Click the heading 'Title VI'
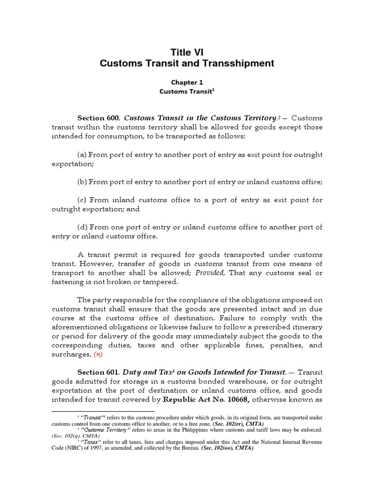pos(187,52)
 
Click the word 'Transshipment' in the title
pos(242,63)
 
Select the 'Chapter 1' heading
pos(187,82)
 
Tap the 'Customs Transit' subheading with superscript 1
pos(187,91)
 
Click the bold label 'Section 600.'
pos(99,118)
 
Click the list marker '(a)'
pos(82,154)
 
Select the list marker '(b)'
pos(82,182)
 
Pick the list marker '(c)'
pos(82,200)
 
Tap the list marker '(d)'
pos(82,228)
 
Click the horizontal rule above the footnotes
pos(103,412)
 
